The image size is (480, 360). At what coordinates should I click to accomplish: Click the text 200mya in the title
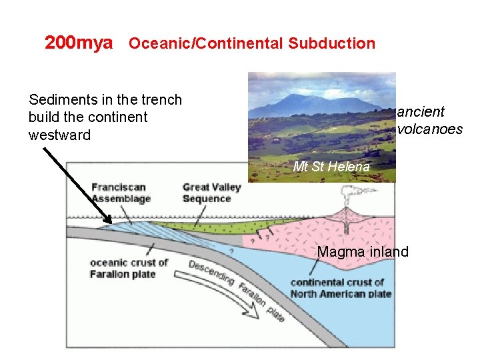click(x=78, y=43)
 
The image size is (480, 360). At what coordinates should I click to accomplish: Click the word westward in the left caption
click(x=59, y=135)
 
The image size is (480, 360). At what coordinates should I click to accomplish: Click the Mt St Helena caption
click(x=331, y=167)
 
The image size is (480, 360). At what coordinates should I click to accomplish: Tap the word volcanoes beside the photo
click(x=429, y=129)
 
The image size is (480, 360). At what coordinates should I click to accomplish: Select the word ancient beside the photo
click(x=421, y=111)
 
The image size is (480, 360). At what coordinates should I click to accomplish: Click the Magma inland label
click(x=363, y=251)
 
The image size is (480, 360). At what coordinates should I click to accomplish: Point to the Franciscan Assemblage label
click(x=121, y=193)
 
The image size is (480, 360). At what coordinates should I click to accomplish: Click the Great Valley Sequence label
click(x=211, y=193)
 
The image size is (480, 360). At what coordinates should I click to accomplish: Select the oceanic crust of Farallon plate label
click(x=129, y=268)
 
